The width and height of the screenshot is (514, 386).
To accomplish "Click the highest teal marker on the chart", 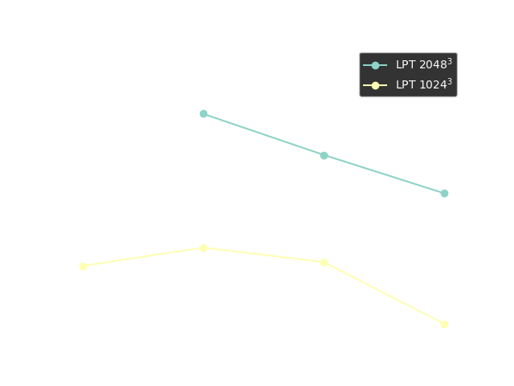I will click(x=203, y=113).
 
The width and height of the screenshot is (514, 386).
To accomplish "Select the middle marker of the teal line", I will click(x=324, y=155).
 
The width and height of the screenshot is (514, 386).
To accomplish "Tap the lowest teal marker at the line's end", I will click(x=444, y=193).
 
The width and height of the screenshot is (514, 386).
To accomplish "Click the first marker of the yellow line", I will click(x=83, y=266).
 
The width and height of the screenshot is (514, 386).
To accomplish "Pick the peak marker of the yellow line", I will click(x=203, y=248).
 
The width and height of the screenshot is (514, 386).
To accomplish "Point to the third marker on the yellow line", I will click(x=324, y=262).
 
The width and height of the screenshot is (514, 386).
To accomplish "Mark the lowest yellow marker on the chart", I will click(x=444, y=324).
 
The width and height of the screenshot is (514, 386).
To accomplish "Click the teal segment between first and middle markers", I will click(x=263, y=134).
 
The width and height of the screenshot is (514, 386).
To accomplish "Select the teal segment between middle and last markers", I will click(x=384, y=175).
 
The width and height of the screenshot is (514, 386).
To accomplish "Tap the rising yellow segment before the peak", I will click(x=143, y=257).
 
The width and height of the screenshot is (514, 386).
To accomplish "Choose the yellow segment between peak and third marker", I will click(x=263, y=255).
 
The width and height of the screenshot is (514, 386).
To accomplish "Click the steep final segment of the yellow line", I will click(x=384, y=294).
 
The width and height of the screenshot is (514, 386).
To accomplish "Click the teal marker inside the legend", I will click(x=375, y=65).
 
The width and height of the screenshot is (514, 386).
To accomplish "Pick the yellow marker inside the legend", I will click(x=375, y=84).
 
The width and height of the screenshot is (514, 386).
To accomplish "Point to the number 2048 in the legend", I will click(x=434, y=66).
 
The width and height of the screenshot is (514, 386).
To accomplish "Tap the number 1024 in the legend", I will click(x=434, y=85).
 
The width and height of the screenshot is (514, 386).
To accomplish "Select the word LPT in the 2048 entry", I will click(x=406, y=66).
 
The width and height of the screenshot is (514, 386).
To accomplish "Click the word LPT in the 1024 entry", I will click(x=406, y=85).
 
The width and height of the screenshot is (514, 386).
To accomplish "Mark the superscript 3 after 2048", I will click(x=451, y=62).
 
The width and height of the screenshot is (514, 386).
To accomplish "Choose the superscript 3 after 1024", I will click(x=451, y=81).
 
